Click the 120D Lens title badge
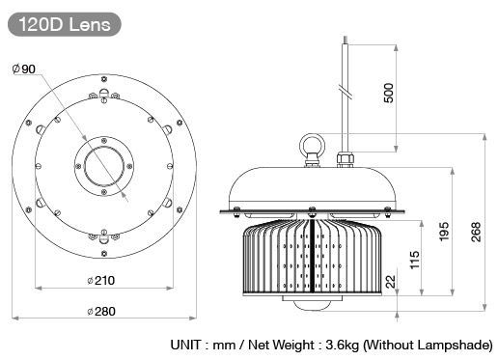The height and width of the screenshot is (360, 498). pos(65,24)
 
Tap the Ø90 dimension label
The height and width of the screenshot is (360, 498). pos(24,69)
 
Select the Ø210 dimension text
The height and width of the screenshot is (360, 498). pos(101,280)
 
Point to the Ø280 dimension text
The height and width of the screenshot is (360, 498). pos(101,311)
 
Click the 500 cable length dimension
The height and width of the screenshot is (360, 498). pos(389,93)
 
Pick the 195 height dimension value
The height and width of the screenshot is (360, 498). pos(444,232)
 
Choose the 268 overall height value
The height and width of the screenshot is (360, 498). pos(476,232)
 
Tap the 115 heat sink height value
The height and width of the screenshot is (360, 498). pos(415,260)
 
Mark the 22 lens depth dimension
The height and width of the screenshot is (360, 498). pos(391,282)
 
